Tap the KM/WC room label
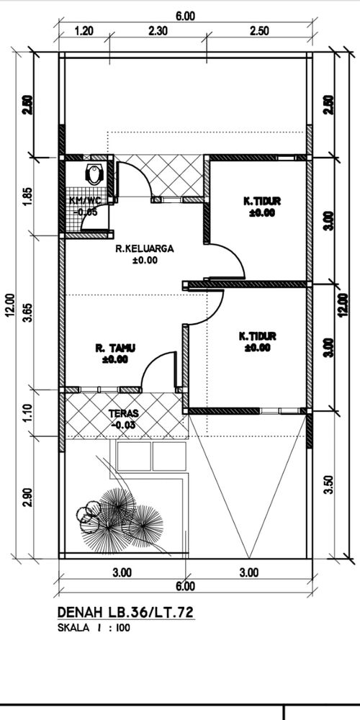click(x=84, y=201)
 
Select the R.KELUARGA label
click(x=145, y=249)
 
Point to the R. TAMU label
click(x=114, y=348)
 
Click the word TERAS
click(x=124, y=414)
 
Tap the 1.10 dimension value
click(x=27, y=412)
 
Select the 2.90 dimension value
click(x=27, y=496)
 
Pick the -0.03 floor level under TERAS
click(x=124, y=425)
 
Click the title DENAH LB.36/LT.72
click(x=124, y=612)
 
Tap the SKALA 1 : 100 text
click(x=94, y=628)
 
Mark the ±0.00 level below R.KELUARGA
click(x=145, y=261)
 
